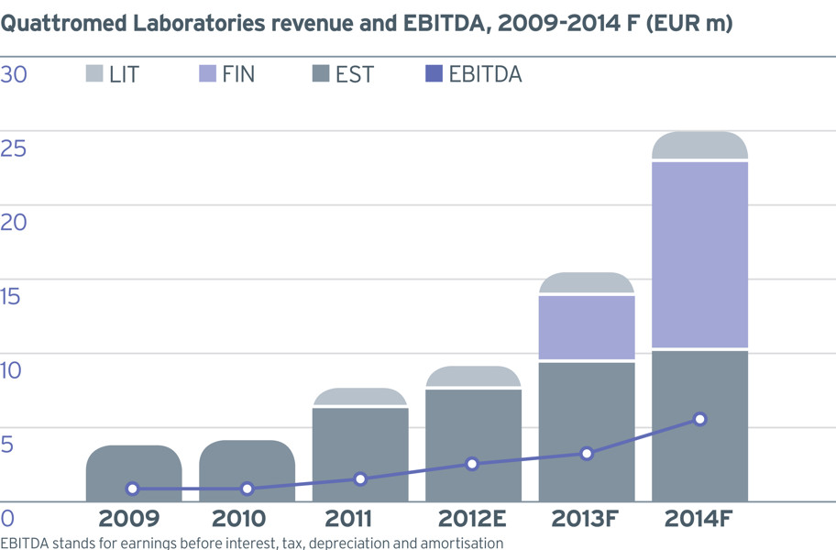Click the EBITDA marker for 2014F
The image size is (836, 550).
click(x=700, y=420)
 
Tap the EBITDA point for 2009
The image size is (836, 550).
click(x=133, y=489)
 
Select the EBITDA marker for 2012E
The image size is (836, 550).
click(x=472, y=464)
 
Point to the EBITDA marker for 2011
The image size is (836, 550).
click(x=360, y=479)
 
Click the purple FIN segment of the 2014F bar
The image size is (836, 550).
click(x=699, y=255)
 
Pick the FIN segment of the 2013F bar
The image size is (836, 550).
click(x=587, y=327)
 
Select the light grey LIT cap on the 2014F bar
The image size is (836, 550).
click(x=699, y=145)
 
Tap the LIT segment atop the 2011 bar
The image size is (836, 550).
click(x=360, y=397)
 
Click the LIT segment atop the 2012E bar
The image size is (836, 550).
click(x=473, y=376)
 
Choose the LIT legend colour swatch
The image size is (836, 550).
click(x=94, y=73)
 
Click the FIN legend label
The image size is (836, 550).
click(x=238, y=74)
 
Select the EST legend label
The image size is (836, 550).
click(x=355, y=74)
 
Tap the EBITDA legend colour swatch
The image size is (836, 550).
click(x=434, y=73)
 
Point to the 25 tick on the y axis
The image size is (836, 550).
click(x=14, y=148)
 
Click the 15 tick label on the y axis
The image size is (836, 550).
click(x=10, y=296)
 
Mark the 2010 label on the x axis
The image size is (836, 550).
click(x=239, y=518)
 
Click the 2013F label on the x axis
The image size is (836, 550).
click(x=585, y=518)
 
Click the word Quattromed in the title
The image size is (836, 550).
click(x=63, y=24)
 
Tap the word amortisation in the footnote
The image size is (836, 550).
click(x=462, y=543)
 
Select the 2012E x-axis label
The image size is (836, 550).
click(x=472, y=518)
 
